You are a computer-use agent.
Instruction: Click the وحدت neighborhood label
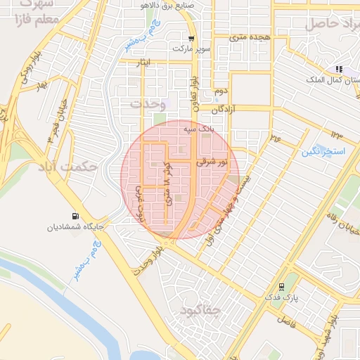click(x=146, y=103)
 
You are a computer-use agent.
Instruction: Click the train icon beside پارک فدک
click(x=281, y=287)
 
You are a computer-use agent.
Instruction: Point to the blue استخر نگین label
click(x=324, y=151)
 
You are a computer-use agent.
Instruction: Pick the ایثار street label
click(x=143, y=63)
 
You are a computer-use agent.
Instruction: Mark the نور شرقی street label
click(x=214, y=162)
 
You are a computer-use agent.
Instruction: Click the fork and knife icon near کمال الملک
click(x=339, y=69)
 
